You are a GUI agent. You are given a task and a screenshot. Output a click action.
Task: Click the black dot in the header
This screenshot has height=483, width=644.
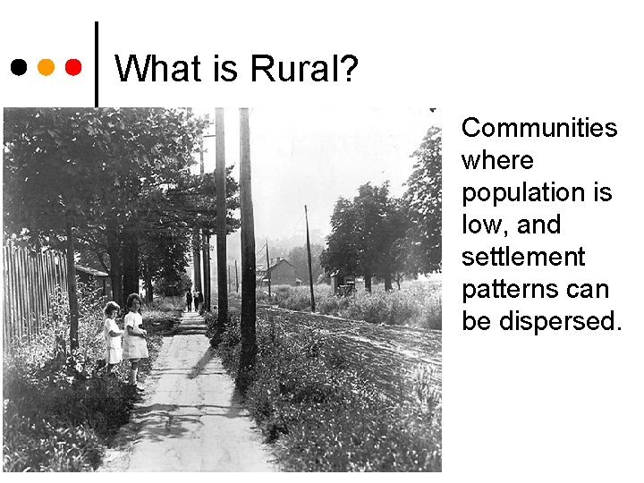[x=18, y=67]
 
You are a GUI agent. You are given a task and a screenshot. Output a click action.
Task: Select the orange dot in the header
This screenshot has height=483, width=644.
[x=47, y=67]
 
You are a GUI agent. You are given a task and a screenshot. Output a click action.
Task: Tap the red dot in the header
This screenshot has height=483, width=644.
[x=74, y=67]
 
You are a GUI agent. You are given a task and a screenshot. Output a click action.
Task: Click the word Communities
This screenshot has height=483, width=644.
[x=539, y=129]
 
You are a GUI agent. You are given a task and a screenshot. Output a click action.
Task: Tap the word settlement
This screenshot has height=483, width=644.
[x=522, y=258]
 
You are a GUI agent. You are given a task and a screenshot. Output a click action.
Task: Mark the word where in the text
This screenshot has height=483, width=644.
[x=497, y=161]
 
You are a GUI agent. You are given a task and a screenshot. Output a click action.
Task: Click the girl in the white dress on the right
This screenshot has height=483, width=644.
[x=135, y=335]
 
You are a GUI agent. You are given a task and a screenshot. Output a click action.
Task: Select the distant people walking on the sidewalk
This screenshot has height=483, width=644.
[x=193, y=300]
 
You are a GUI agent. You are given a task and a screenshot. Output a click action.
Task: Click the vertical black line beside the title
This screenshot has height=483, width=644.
[x=96, y=63]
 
